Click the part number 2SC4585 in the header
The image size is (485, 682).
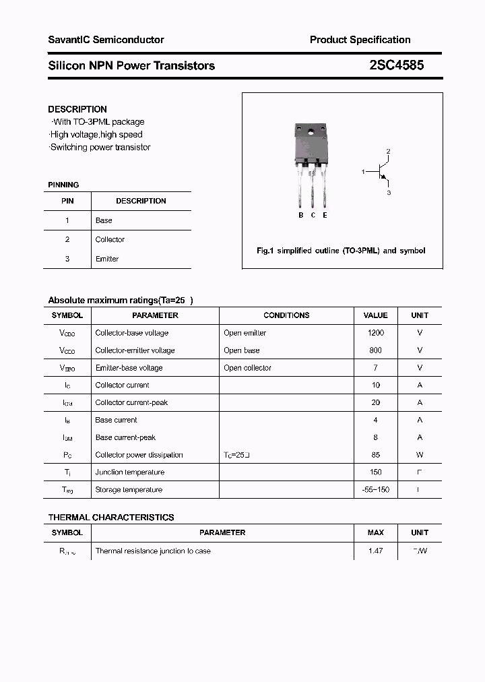coord(397,65)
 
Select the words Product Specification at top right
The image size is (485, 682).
coord(360,40)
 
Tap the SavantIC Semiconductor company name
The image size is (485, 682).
coord(106,40)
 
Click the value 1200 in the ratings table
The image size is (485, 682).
coord(375,333)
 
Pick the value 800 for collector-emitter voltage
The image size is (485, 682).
coord(375,350)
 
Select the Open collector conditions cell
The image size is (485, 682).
coord(247,368)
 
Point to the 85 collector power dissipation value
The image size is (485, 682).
coord(375,455)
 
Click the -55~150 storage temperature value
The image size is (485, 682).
coord(375,490)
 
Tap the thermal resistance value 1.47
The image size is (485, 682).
coord(375,551)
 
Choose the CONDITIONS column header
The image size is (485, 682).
coord(286,315)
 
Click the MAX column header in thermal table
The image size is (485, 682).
coord(375,532)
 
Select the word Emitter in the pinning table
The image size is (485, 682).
coord(106,259)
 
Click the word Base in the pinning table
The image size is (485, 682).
coord(104,220)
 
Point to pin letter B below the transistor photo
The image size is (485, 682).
coord(301,215)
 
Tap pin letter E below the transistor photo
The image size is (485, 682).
coord(325,215)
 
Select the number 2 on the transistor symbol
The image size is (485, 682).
coord(388,151)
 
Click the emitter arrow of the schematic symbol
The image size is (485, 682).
coord(385,179)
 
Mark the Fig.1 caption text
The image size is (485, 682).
coord(341,251)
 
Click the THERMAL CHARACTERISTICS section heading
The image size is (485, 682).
coord(110,518)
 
